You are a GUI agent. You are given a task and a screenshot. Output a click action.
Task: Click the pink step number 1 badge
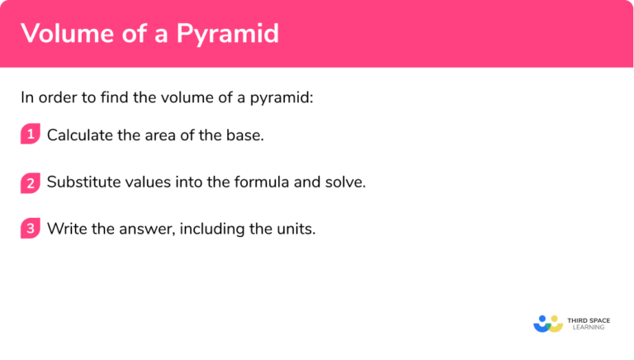point(31,135)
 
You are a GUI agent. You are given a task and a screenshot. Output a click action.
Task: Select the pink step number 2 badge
point(31,182)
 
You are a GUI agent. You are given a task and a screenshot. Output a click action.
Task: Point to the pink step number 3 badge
point(31,229)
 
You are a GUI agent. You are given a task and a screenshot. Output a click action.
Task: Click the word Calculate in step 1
point(80,135)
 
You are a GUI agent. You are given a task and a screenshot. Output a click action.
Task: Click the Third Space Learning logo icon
point(548,323)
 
